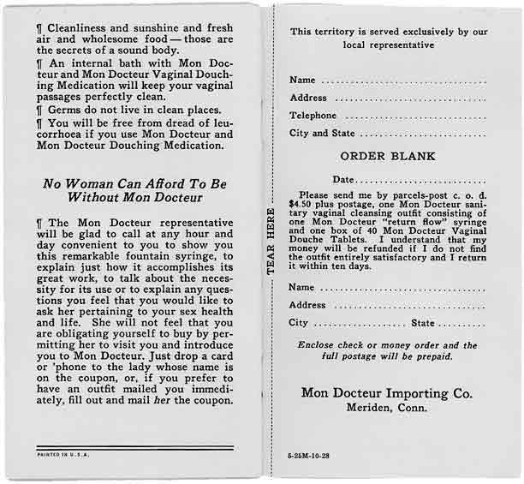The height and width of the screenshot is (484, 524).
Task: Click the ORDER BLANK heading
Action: tap(388, 157)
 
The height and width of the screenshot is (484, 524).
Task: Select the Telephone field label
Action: tap(313, 116)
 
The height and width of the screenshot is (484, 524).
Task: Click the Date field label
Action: tap(343, 179)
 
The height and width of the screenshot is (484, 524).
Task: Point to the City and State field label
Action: tap(322, 134)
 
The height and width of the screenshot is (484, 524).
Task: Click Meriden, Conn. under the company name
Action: tap(387, 409)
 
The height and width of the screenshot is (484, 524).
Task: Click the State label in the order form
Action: tap(423, 323)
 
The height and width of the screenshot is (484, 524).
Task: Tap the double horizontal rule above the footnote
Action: tap(134, 447)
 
